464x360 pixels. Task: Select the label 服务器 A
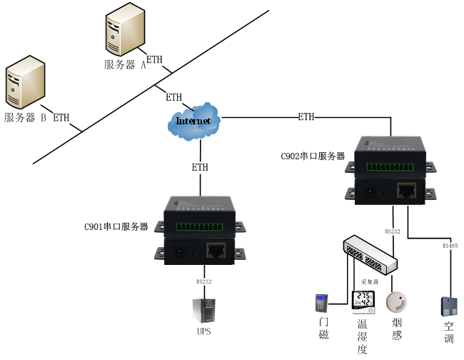tap(124, 64)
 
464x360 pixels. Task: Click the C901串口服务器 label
tap(116, 227)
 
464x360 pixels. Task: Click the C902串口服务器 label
tap(313, 156)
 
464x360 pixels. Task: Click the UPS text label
tap(204, 333)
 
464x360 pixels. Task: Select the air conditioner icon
tap(449, 306)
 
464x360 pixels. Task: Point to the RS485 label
tap(450, 246)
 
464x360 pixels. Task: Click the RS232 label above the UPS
tap(204, 281)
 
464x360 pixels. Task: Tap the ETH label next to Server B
tap(62, 117)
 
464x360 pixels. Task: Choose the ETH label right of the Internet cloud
tap(306, 116)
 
